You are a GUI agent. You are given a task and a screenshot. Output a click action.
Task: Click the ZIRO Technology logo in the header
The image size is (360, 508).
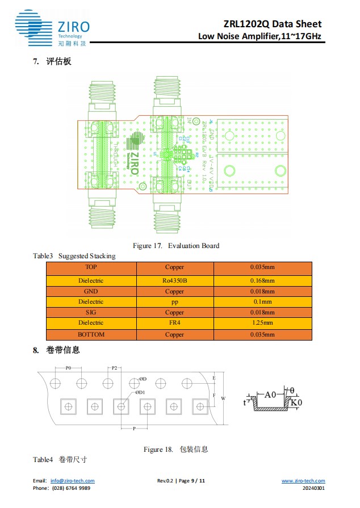[x=52, y=29]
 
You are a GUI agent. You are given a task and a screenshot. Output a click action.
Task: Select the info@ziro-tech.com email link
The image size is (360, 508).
[x=72, y=481]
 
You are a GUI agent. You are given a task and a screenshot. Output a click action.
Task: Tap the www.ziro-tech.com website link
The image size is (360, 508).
[x=303, y=481]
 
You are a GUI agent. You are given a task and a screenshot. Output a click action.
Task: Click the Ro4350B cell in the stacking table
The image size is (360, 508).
[x=174, y=280]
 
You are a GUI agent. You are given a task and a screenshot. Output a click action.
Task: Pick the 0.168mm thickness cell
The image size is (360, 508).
[x=262, y=280]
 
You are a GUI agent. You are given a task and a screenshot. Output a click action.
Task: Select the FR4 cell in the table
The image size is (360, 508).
[x=174, y=323]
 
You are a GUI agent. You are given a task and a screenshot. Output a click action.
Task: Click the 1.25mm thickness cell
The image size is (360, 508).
[x=262, y=323]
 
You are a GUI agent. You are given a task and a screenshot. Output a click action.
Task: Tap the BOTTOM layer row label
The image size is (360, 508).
[x=91, y=334]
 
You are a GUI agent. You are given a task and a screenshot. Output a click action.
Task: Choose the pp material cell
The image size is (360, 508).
[x=174, y=302]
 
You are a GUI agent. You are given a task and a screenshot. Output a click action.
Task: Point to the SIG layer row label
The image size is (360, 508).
[x=91, y=313]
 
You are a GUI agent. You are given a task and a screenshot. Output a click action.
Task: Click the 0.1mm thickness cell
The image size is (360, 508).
[x=262, y=302]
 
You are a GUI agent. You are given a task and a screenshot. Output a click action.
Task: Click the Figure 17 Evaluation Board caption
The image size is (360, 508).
[x=176, y=246]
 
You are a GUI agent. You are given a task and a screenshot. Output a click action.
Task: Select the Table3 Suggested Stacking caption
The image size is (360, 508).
[x=74, y=256]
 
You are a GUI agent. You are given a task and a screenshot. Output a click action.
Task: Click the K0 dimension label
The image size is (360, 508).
[x=296, y=402]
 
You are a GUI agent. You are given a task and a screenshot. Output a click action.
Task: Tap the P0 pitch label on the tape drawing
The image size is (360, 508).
[x=68, y=368]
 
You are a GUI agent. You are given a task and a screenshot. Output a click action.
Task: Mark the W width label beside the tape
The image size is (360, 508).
[x=223, y=398]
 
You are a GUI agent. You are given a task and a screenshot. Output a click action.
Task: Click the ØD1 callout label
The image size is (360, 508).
[x=140, y=392]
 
